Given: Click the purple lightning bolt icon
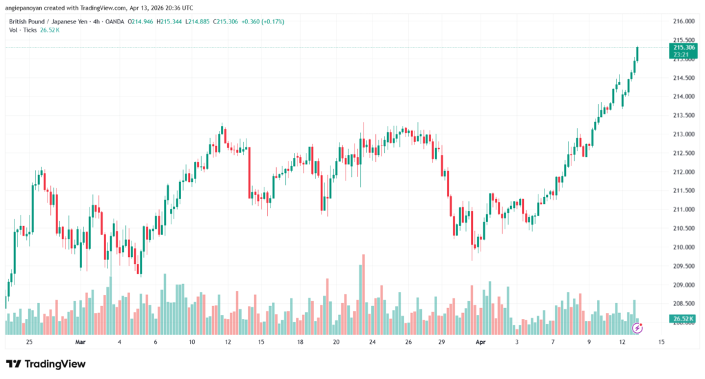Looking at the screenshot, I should point(637,328).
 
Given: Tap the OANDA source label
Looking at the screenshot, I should point(114,21).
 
